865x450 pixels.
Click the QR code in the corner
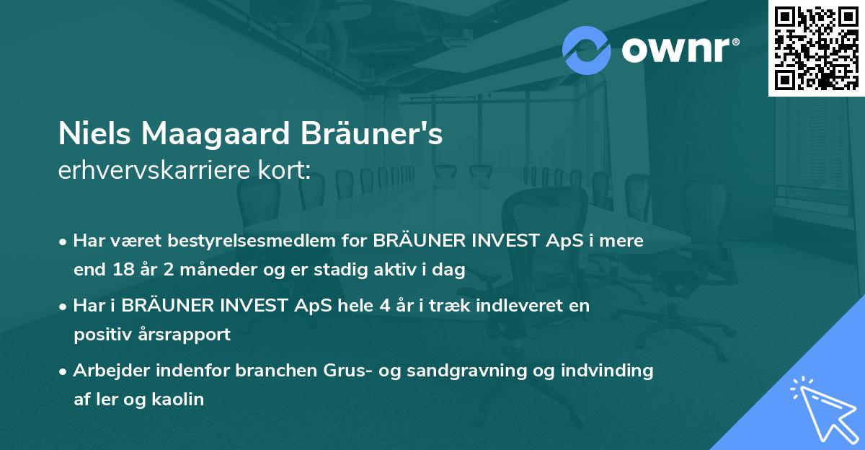816,48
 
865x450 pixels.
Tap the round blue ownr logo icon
587,48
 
